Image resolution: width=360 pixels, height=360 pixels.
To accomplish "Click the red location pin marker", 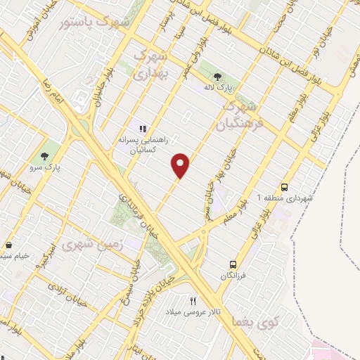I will pos(181,165).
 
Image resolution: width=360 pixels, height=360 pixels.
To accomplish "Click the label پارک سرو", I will pos(47,168).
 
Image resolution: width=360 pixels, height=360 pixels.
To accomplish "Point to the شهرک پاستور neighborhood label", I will pos(96,22).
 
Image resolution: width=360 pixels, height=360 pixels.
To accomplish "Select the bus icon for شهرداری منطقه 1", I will pos(284,187).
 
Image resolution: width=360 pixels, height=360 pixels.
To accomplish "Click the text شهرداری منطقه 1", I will pos(284,199).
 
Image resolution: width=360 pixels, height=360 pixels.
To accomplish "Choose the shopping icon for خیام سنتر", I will pos(8,245).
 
